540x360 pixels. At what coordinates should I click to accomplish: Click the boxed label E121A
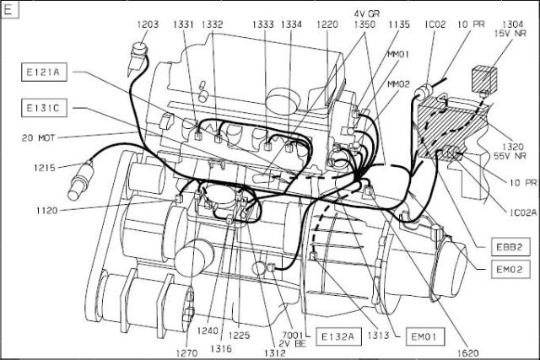tap(44, 72)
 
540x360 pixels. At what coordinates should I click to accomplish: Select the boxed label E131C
tap(44, 108)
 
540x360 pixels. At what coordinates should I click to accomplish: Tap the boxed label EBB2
tap(510, 247)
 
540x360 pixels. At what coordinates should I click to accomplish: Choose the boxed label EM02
tap(510, 269)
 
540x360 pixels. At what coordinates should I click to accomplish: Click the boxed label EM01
tap(425, 336)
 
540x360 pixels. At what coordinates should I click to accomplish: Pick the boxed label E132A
tap(338, 336)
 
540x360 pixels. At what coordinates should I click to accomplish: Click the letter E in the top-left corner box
tap(8, 9)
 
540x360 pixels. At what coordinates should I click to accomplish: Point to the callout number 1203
tap(148, 24)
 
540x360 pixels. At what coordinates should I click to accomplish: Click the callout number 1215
tap(45, 168)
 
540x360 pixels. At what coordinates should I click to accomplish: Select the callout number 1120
tap(47, 210)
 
